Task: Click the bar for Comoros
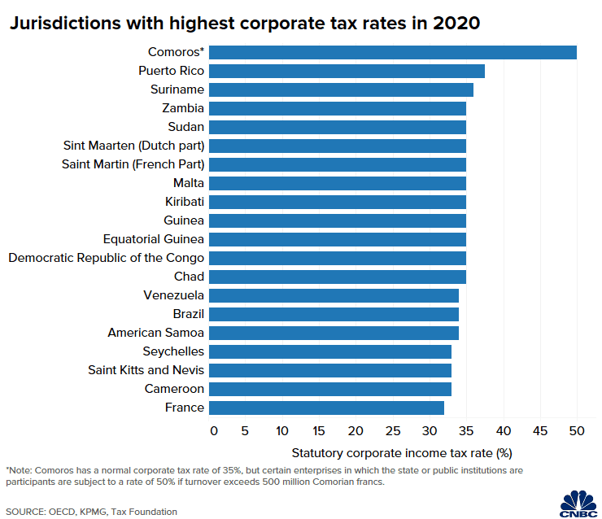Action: (399, 52)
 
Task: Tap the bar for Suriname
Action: (347, 89)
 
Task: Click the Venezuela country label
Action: (173, 295)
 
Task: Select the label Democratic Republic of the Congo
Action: (106, 258)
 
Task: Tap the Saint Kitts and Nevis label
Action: (146, 370)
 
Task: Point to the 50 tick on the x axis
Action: (577, 430)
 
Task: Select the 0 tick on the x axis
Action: (214, 430)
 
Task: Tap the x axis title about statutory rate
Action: (401, 451)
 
